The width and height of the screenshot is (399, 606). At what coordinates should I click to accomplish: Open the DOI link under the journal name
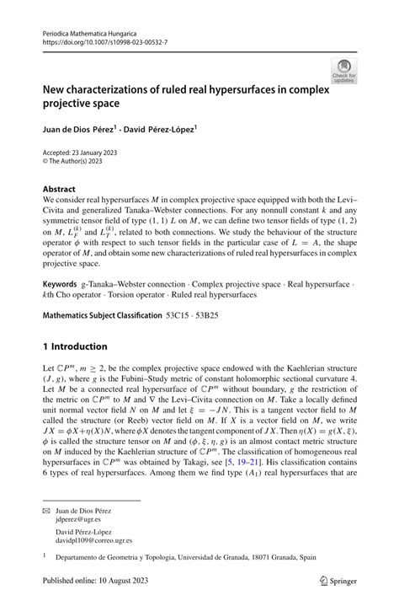point(96,43)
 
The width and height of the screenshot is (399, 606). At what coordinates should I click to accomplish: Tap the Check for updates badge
point(343,71)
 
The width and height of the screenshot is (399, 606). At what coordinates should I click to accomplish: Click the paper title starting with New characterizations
point(179,95)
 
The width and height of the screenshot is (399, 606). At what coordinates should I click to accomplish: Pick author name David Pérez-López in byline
point(162,130)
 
